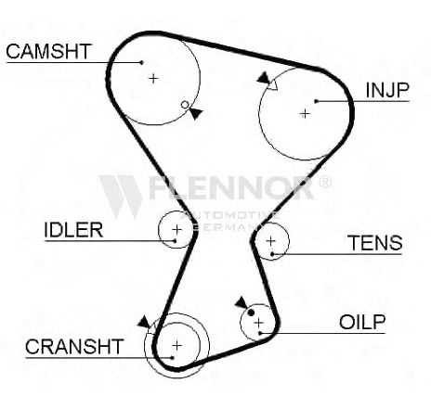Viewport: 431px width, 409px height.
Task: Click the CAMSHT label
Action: click(x=48, y=51)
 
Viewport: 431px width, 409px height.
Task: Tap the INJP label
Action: click(x=387, y=90)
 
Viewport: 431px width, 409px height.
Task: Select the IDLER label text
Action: click(x=73, y=230)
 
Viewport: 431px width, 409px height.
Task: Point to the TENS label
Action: click(x=375, y=243)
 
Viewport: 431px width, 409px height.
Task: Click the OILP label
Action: click(x=362, y=322)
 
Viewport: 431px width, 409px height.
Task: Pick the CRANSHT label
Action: click(x=74, y=347)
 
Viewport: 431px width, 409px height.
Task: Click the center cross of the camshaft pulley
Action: click(x=153, y=78)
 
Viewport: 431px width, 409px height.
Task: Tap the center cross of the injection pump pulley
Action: click(x=305, y=114)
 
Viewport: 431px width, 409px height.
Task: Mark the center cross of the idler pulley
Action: click(x=177, y=229)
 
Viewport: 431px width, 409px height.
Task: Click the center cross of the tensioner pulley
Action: click(x=271, y=240)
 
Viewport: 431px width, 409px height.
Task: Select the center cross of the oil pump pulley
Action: click(x=258, y=323)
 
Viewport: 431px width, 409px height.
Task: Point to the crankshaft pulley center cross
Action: click(x=176, y=345)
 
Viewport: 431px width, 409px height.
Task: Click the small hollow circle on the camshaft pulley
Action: click(x=185, y=105)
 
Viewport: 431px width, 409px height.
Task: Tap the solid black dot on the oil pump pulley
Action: click(x=251, y=313)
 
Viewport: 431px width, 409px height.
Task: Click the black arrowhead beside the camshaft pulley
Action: click(x=196, y=113)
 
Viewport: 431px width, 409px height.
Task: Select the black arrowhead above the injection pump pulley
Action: click(x=264, y=78)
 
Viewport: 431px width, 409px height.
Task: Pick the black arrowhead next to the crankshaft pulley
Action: click(x=144, y=322)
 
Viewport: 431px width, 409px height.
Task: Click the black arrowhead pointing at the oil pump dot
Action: click(x=242, y=303)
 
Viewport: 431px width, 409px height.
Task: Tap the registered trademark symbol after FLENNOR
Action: click(x=325, y=182)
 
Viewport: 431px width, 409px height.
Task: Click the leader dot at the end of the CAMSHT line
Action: click(x=142, y=62)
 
